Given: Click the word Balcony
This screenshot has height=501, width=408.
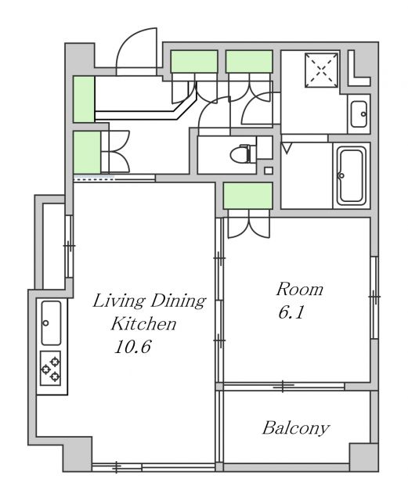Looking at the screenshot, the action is click(296, 428).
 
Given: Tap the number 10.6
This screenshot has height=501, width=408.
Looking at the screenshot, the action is click(132, 346).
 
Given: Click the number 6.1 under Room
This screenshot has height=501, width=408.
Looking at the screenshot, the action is click(291, 312).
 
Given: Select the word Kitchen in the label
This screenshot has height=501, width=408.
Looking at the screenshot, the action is click(143, 323).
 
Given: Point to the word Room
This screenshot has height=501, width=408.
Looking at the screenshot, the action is click(300, 289).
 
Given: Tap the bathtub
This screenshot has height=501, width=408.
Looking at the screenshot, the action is click(352, 175).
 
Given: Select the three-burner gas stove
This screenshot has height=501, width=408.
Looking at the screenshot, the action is click(51, 369).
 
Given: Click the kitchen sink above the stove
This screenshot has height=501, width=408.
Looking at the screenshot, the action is click(51, 323).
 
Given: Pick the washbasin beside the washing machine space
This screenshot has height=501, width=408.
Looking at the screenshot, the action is click(359, 114).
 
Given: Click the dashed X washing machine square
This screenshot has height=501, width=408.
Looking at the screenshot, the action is click(321, 70).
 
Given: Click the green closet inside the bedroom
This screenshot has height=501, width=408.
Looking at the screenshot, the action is click(247, 196).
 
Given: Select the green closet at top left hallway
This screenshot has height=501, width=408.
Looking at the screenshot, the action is click(84, 99).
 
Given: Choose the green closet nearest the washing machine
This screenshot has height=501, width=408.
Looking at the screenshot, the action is click(249, 61).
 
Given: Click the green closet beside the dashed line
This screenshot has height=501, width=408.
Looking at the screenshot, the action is click(87, 153).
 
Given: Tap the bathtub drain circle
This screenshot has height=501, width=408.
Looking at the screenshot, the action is click(341, 175).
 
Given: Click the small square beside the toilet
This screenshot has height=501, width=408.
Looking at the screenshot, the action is click(269, 171).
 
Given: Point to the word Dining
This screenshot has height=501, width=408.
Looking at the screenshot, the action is click(178, 301).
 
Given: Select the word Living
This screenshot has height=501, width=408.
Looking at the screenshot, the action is click(119, 301).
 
